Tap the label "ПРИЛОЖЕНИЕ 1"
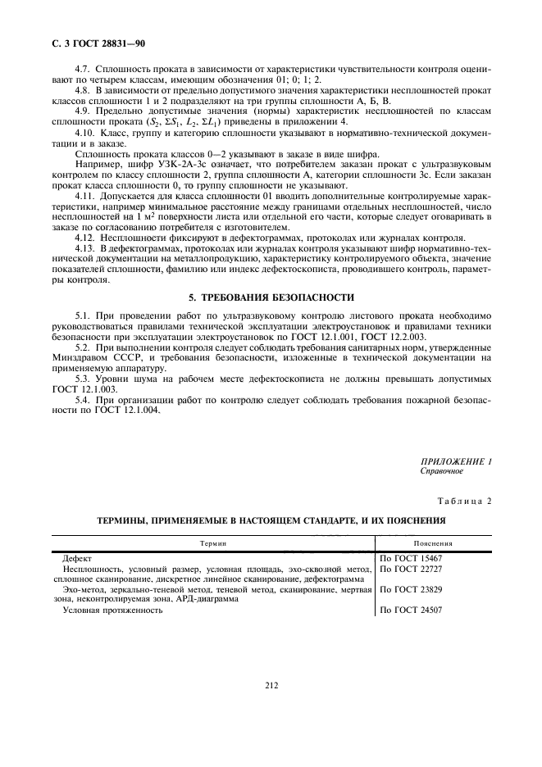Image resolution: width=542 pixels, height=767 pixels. (457, 462)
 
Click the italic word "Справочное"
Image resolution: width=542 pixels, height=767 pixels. (442, 471)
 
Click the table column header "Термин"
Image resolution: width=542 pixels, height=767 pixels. (214, 542)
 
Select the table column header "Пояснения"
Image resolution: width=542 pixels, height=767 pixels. (434, 542)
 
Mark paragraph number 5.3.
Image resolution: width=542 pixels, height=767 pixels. (83, 379)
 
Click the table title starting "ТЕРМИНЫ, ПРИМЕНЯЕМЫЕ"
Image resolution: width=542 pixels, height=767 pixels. (271, 520)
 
